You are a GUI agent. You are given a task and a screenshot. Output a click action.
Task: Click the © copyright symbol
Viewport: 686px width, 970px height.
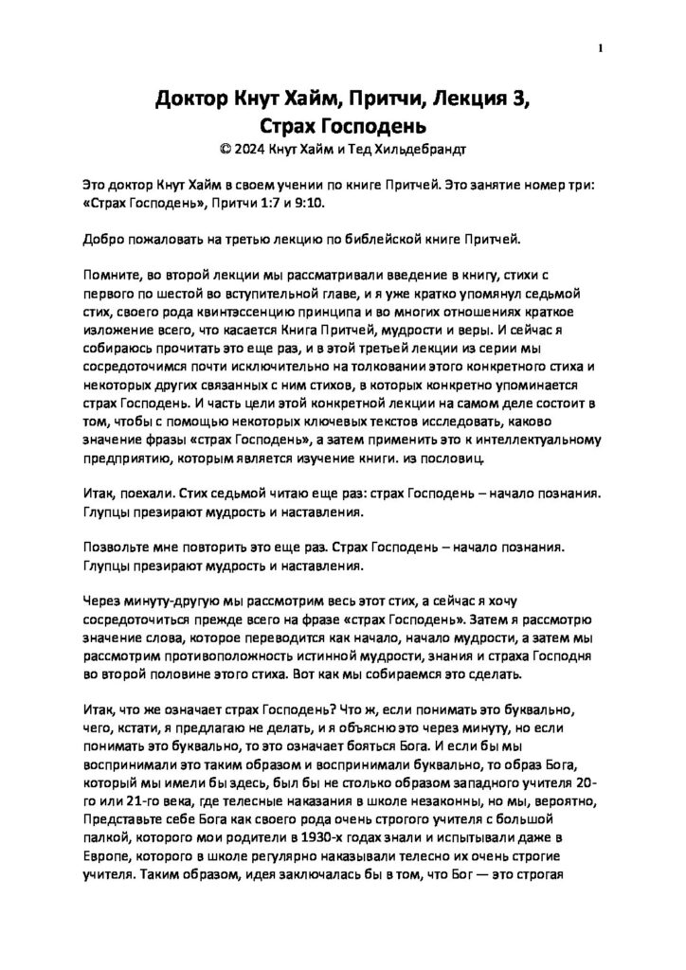pos(224,149)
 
